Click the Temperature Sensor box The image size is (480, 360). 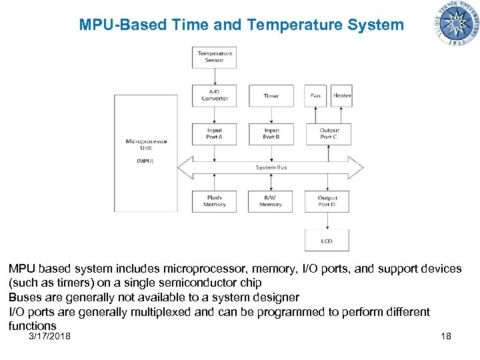coord(215,57)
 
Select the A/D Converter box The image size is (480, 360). coord(215,95)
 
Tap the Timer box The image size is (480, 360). coord(271,95)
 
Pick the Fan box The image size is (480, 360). coord(315,95)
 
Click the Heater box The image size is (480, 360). coord(342,95)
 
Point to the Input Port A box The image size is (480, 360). coord(215,133)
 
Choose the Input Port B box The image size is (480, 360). coord(271,133)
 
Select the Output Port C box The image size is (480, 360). coord(328,133)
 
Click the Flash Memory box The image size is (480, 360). coord(215,201)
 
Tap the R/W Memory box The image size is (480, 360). coord(271,201)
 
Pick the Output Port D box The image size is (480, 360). coord(327,201)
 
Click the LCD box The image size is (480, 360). coord(327,241)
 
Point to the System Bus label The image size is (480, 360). coord(271,167)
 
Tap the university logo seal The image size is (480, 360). coord(457,23)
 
